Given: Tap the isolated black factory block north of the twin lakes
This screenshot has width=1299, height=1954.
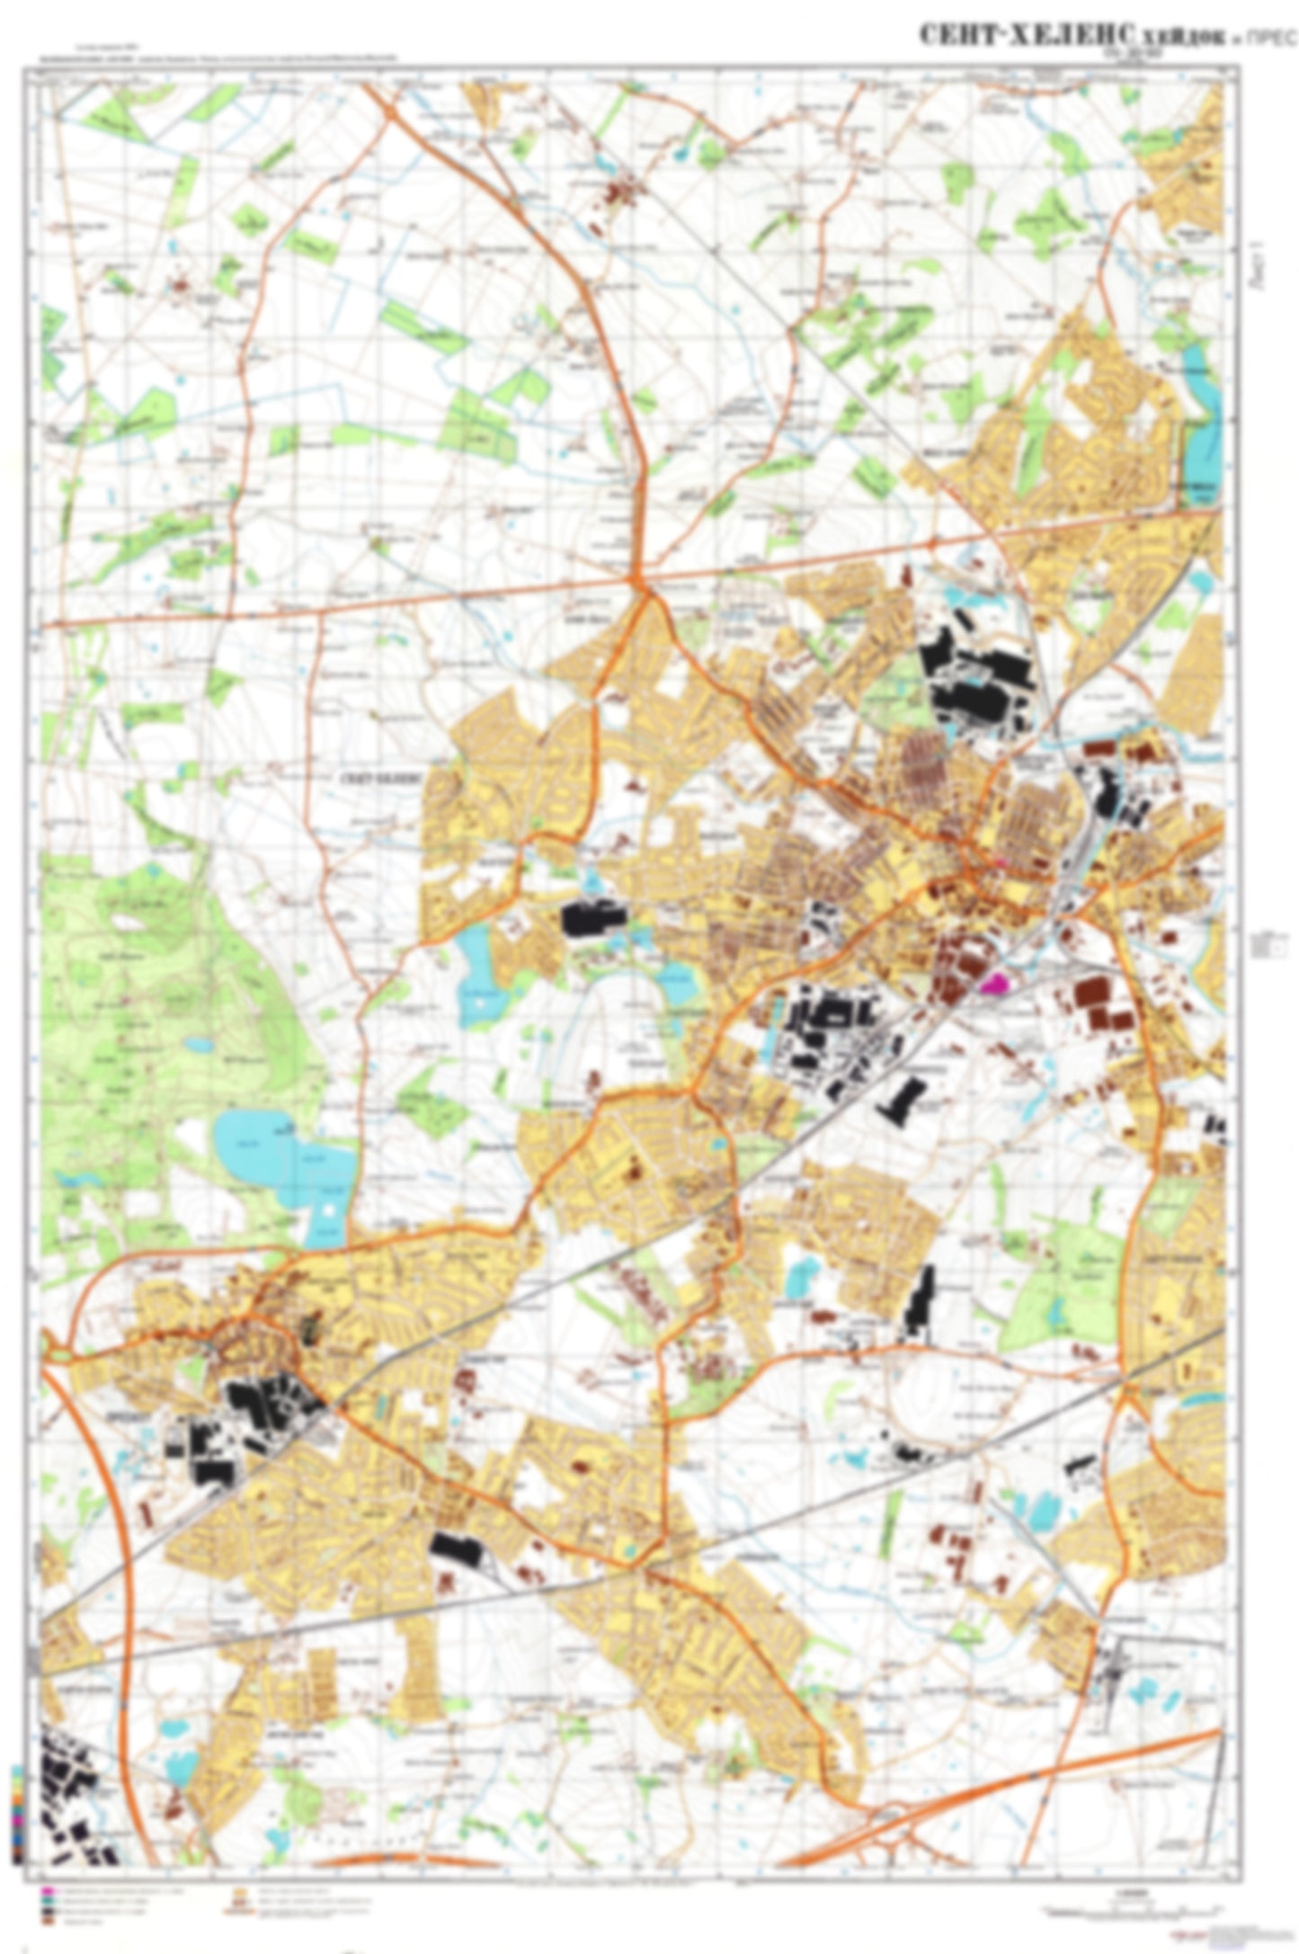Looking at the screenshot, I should click(x=591, y=918).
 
